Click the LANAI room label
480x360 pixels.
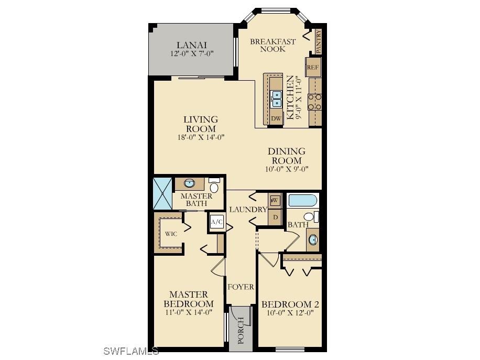[191, 45]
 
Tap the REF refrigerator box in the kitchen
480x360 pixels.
[313, 67]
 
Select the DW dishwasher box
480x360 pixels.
[276, 119]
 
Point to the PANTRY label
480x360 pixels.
[319, 41]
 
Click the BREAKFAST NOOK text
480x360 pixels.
[272, 45]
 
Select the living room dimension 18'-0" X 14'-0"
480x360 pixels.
[201, 138]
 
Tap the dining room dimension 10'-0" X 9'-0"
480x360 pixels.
[287, 169]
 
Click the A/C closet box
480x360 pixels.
[216, 222]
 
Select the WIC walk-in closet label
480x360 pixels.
[170, 234]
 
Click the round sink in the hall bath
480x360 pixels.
[313, 240]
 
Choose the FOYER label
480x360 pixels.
[241, 287]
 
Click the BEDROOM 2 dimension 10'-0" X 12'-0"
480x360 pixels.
[290, 313]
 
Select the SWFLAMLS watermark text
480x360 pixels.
[131, 350]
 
